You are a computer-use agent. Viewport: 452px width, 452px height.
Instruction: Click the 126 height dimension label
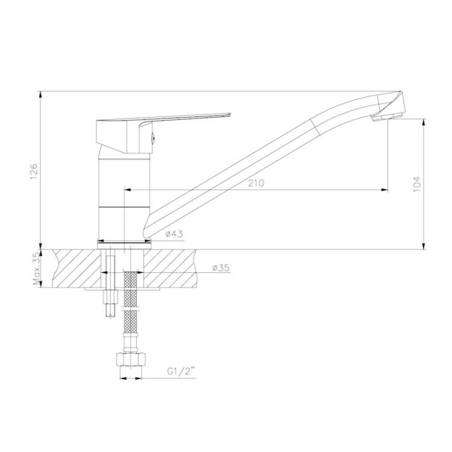(x=34, y=172)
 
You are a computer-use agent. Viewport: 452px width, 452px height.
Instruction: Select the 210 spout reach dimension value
(x=256, y=183)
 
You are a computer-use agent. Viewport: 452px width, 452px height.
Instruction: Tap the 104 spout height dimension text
(x=417, y=184)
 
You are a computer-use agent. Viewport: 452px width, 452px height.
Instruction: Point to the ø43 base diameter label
(x=174, y=234)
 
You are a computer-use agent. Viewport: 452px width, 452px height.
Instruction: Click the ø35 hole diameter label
(x=221, y=268)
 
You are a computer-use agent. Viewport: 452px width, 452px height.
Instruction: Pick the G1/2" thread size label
(x=181, y=371)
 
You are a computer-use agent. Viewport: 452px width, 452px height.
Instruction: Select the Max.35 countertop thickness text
(x=37, y=269)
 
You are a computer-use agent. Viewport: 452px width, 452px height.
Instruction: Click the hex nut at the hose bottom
(x=131, y=359)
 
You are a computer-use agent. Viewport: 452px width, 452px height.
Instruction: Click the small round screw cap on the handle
(x=153, y=138)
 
